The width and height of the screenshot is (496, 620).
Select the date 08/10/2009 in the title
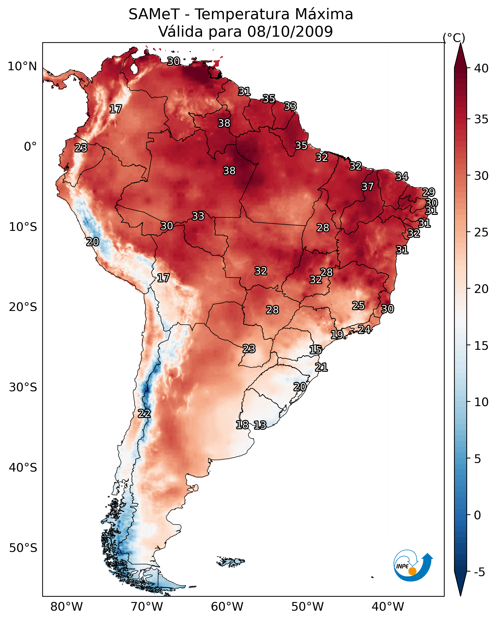pyautogui.click(x=290, y=31)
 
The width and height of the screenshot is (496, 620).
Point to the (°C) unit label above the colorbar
pyautogui.click(x=454, y=38)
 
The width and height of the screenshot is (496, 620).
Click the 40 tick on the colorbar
pyautogui.click(x=481, y=68)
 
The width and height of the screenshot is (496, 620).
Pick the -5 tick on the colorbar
pyautogui.click(x=479, y=572)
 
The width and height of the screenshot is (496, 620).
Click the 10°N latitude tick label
pyautogui.click(x=22, y=66)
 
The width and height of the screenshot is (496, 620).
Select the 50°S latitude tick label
pyautogui.click(x=23, y=548)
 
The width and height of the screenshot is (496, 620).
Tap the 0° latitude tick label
pyautogui.click(x=30, y=147)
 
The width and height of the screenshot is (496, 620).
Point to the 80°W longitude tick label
pyautogui.click(x=66, y=607)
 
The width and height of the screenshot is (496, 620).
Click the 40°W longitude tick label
pyautogui.click(x=388, y=607)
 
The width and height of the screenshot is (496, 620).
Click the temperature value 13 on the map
pyautogui.click(x=260, y=425)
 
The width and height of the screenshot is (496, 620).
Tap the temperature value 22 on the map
pyautogui.click(x=144, y=414)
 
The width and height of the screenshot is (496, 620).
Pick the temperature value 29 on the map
pyautogui.click(x=428, y=192)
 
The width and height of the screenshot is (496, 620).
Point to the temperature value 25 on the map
pyautogui.click(x=358, y=305)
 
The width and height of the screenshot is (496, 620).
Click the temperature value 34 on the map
pyautogui.click(x=402, y=176)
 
